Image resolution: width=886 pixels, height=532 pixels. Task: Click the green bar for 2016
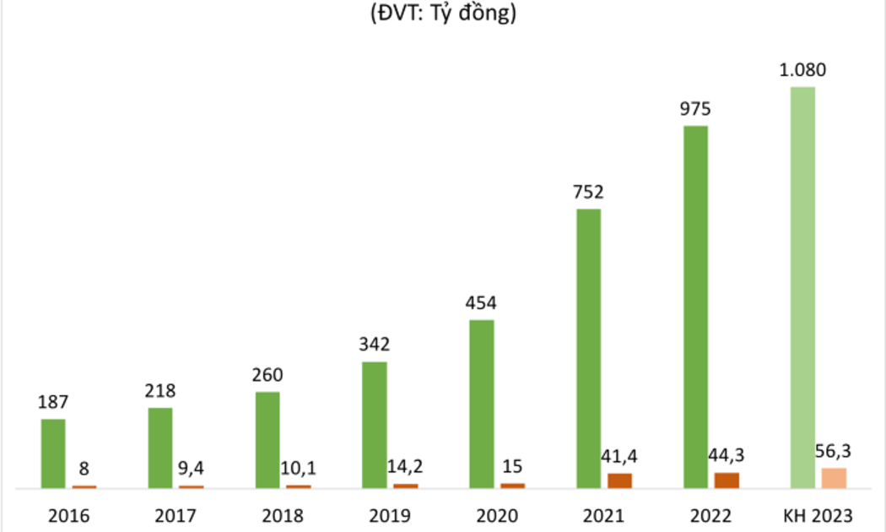(x=53, y=453)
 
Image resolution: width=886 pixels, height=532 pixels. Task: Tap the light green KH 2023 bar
(x=802, y=287)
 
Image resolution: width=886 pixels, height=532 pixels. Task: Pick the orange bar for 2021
(x=619, y=480)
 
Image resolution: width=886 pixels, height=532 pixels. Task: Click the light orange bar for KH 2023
(x=834, y=478)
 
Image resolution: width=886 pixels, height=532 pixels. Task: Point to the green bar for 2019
(x=374, y=425)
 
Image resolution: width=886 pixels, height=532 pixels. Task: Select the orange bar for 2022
(x=727, y=480)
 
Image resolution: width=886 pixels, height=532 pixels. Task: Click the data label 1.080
(x=802, y=70)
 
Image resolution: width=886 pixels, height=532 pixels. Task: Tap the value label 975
(x=695, y=109)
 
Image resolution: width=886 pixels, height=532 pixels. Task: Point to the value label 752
(x=588, y=193)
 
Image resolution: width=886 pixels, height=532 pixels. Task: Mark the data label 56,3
(x=834, y=453)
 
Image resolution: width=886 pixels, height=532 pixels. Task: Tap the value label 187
(x=53, y=402)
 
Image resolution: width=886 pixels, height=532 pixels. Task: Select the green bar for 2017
(x=160, y=448)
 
